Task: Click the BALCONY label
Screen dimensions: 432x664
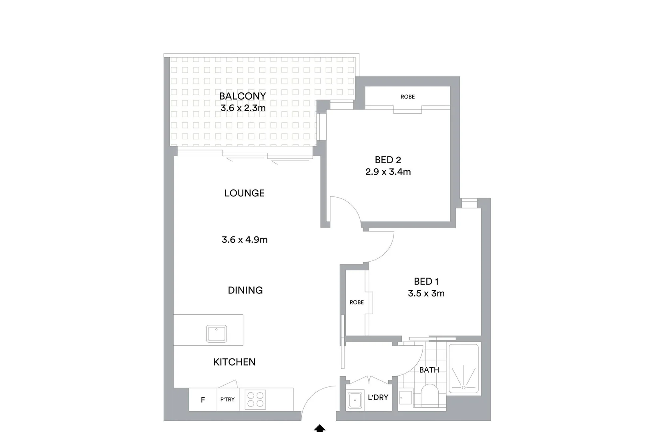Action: point(243,96)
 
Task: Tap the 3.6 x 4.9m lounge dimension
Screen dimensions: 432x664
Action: point(245,240)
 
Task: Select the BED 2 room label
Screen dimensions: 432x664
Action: point(388,160)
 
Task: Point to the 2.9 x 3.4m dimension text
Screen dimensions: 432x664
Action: point(388,172)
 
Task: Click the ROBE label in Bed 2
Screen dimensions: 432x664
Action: point(407,97)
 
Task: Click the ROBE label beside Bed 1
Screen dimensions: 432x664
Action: point(357,302)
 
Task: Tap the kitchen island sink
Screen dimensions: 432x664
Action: point(217,334)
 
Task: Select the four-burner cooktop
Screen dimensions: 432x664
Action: point(255,399)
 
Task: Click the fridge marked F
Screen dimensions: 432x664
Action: point(203,400)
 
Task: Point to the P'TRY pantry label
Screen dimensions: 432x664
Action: point(227,399)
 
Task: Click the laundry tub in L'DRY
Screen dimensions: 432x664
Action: point(355,399)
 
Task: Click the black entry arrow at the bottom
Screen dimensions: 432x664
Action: point(319,428)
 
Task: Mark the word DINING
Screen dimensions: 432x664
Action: point(245,290)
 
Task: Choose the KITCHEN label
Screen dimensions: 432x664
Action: point(234,362)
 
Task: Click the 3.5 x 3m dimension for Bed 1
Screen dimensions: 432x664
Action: point(426,294)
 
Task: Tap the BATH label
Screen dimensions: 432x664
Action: point(429,370)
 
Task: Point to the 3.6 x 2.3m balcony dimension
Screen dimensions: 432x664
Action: point(243,108)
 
